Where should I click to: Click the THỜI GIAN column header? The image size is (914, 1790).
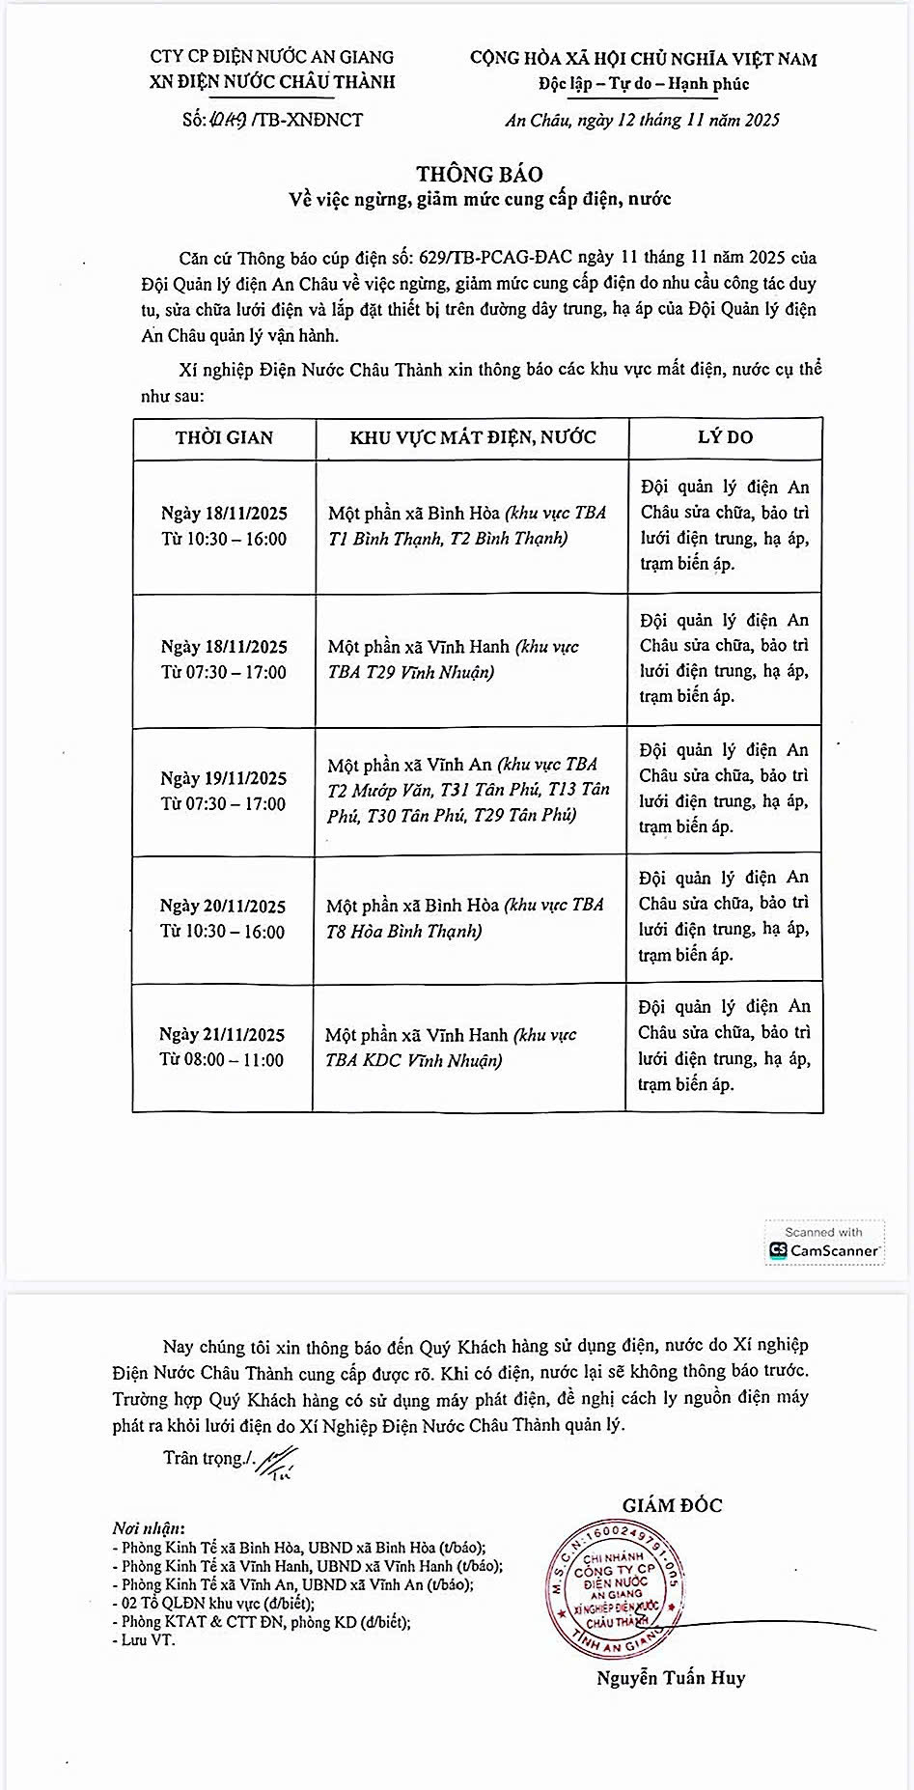224,437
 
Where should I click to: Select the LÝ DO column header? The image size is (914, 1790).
725,436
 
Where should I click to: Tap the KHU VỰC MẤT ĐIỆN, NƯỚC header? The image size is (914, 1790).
473,437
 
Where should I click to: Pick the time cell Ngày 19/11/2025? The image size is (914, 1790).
224,791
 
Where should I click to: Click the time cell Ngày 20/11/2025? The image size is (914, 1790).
223,918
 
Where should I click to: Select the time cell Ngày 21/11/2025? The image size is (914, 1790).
222,1047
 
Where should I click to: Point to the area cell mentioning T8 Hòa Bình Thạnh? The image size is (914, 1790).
465,917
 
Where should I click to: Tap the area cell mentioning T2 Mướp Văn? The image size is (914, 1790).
468,790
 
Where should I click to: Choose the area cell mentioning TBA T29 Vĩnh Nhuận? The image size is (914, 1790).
453,658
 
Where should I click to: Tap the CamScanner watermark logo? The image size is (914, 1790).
824,1244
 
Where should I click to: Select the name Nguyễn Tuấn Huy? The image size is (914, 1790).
671,1678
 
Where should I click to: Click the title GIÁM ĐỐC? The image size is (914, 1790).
672,1504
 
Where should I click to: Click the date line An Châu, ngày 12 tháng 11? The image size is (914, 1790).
642,120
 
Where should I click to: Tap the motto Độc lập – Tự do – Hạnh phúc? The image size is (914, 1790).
644,84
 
